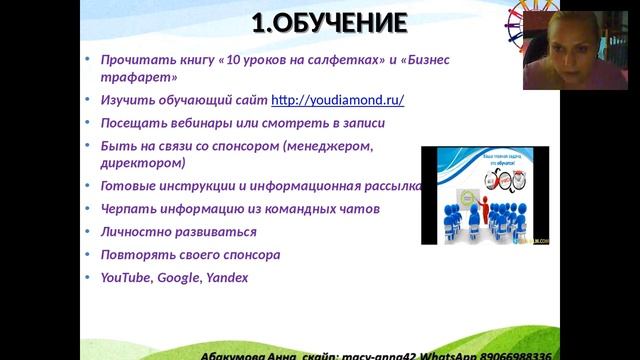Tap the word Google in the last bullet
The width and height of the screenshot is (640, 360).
[x=179, y=277]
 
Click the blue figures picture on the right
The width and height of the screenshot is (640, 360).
[x=484, y=196]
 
